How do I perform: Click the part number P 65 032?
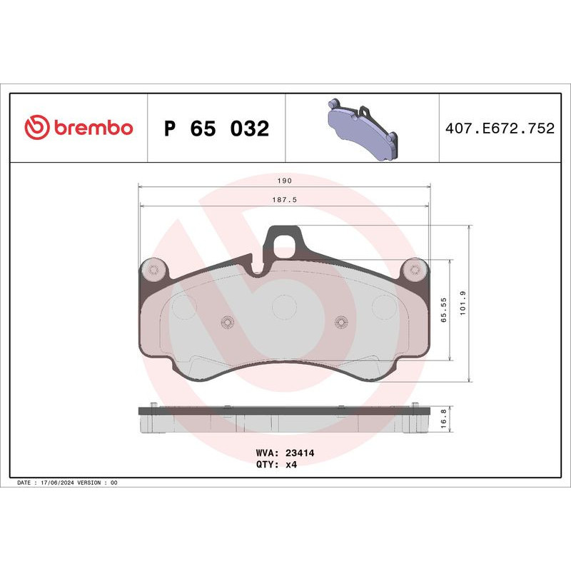click(x=216, y=129)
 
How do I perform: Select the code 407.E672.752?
click(x=499, y=129)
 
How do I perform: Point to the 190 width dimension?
click(x=284, y=181)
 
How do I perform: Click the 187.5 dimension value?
click(x=284, y=201)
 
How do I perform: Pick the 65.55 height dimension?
click(x=443, y=311)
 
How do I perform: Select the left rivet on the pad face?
click(x=228, y=322)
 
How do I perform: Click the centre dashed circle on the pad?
click(x=284, y=307)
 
